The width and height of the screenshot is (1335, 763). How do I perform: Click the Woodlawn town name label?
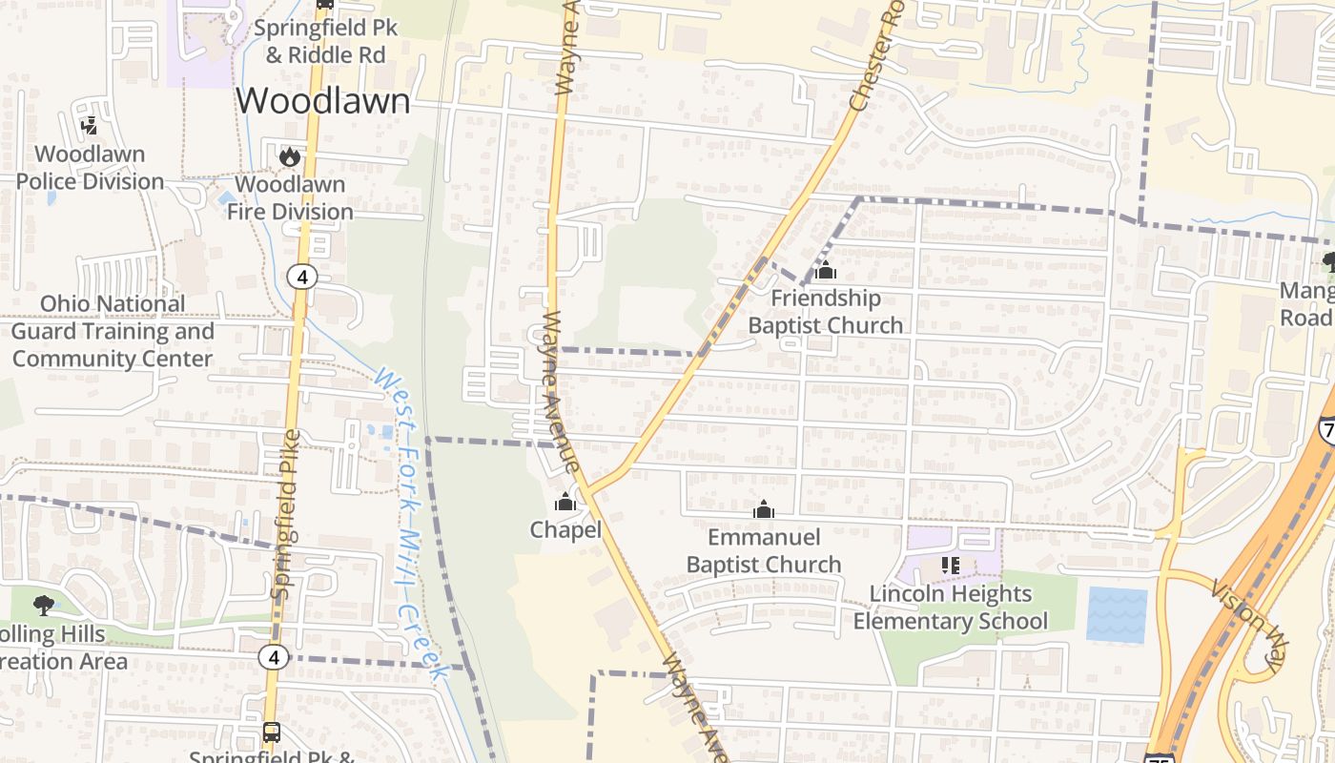click(323, 101)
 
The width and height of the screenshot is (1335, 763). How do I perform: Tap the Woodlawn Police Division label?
click(91, 168)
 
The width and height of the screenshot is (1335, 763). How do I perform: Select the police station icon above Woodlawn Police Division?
click(90, 125)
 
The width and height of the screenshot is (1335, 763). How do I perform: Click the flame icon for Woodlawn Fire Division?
click(290, 156)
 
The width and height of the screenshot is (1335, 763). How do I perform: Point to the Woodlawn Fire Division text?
click(290, 197)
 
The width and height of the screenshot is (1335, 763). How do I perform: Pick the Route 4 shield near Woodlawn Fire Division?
click(302, 277)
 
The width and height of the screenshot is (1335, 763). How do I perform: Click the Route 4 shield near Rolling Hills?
click(274, 657)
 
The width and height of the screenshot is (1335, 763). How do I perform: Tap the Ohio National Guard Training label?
click(113, 331)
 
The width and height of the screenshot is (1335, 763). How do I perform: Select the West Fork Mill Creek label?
click(412, 525)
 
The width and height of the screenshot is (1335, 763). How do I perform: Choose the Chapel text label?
click(565, 529)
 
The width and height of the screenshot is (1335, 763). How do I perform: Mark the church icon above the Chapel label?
click(565, 502)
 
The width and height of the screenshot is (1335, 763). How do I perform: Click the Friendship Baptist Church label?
click(825, 312)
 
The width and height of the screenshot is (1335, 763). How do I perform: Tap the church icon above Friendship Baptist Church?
click(826, 271)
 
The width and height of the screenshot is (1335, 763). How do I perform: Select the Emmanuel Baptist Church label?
click(764, 550)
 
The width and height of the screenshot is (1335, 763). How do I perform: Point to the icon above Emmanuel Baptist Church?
click(763, 510)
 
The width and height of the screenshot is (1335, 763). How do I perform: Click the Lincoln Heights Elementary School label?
click(950, 608)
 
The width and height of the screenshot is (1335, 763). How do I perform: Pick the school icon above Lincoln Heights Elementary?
click(950, 566)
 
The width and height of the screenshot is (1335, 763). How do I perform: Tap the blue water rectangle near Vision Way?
click(1117, 614)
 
